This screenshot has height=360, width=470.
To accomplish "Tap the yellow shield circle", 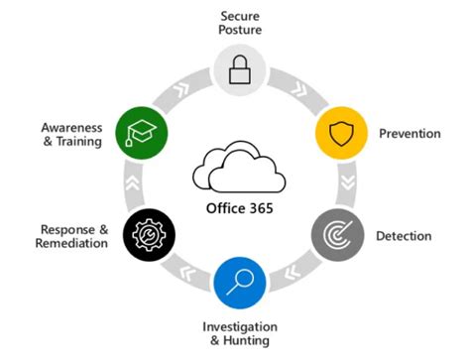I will pyautogui.click(x=340, y=132).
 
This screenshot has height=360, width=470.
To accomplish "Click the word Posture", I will pyautogui.click(x=241, y=30).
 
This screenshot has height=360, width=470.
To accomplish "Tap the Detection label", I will pyautogui.click(x=404, y=236).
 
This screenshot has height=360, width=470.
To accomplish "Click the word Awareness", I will pyautogui.click(x=72, y=127).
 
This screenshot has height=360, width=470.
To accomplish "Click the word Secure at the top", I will pyautogui.click(x=241, y=15).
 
